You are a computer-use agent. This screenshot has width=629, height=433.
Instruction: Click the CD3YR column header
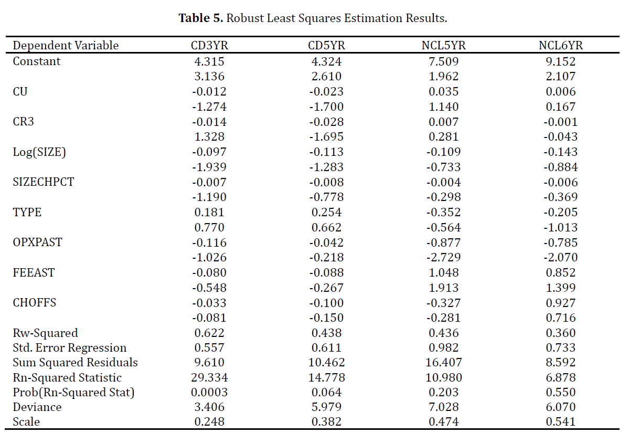[x=209, y=45]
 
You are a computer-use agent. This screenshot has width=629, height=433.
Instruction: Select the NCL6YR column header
[x=561, y=45]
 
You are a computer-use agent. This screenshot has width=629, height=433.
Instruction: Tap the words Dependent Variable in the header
[x=66, y=46]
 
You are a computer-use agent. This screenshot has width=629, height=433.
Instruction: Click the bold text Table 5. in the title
[x=200, y=18]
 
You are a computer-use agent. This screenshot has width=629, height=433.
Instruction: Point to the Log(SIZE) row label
[x=39, y=152]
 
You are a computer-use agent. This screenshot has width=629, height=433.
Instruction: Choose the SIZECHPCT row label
[x=44, y=182]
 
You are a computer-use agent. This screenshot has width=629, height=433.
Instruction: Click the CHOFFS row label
[x=35, y=303]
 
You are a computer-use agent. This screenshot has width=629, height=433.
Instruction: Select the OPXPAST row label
[x=38, y=242]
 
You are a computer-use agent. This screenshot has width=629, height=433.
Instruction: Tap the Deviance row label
[x=37, y=407]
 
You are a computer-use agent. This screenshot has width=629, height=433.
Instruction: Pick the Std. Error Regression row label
[x=70, y=347]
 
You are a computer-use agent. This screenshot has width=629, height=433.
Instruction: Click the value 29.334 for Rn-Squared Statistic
[x=209, y=377]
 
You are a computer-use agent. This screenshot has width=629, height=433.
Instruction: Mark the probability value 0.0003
[x=209, y=392]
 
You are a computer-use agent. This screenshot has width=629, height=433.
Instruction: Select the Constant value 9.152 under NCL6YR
[x=561, y=61]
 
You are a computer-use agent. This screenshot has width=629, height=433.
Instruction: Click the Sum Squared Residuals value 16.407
[x=444, y=362]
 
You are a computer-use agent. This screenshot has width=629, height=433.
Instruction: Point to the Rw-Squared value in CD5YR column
[x=326, y=333]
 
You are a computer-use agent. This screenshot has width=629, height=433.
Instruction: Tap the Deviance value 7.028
[x=444, y=407]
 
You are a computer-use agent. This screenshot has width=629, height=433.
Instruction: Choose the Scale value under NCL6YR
[x=561, y=422]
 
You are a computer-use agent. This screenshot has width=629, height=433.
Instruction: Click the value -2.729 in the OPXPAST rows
[x=444, y=257]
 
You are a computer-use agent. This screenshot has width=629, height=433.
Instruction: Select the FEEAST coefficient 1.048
[x=444, y=272]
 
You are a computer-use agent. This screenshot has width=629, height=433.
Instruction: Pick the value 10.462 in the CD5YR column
[x=326, y=362]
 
